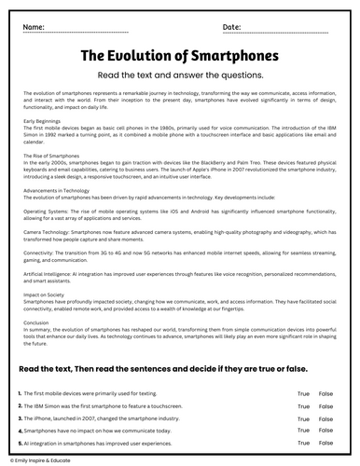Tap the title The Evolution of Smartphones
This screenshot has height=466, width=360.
click(180, 58)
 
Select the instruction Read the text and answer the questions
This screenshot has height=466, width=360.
click(180, 77)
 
